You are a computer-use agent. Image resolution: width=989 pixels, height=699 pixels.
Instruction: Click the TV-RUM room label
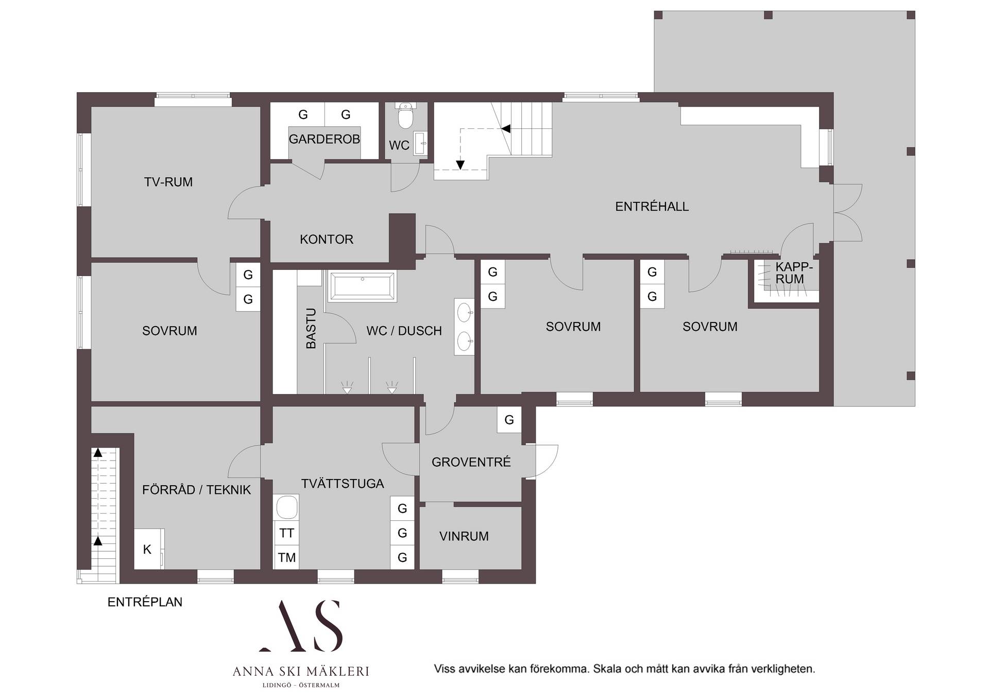pos(168,182)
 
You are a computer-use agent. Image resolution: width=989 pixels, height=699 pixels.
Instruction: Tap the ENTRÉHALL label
pos(652,207)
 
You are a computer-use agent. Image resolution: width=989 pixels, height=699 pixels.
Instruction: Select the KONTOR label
pos(327,240)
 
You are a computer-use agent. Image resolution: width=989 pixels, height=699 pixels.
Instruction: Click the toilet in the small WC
pos(406,116)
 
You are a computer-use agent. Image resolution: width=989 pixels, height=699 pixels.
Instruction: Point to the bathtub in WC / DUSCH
pos(363,286)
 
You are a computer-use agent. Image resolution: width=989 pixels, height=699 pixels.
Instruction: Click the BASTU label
pos(311,328)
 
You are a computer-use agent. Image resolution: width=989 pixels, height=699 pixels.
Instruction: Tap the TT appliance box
pos(286,533)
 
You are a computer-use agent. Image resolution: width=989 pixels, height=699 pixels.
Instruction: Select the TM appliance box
pos(286,557)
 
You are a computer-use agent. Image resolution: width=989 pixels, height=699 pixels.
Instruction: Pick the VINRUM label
pos(464,536)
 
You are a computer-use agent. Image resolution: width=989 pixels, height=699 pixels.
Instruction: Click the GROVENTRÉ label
pos(471,462)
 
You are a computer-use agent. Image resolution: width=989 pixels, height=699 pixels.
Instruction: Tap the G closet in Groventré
pos(509,420)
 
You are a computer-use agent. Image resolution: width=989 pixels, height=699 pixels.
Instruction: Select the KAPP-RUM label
pos(794,273)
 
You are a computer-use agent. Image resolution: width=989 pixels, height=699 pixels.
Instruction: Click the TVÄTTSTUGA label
pos(343,484)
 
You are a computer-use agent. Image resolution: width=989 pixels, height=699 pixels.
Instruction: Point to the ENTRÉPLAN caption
pos(145,602)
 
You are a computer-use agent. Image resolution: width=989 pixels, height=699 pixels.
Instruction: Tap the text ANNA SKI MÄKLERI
pos(301,671)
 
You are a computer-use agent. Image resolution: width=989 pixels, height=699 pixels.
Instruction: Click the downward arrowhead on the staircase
pos(460,165)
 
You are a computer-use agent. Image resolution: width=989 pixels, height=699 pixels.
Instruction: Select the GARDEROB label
pos(324,139)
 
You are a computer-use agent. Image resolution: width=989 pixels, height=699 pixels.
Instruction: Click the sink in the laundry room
pos(287,508)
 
